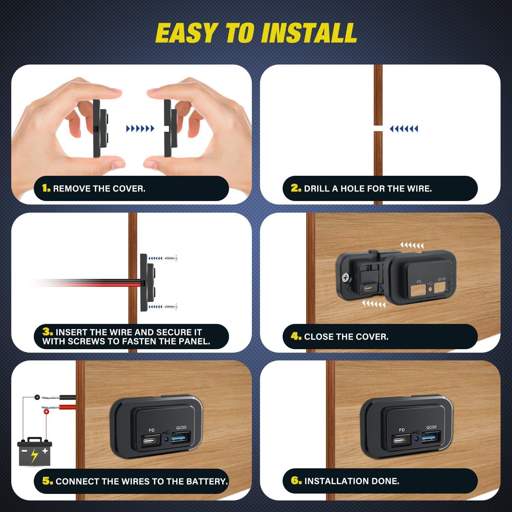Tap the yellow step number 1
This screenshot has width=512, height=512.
pyautogui.click(x=46, y=188)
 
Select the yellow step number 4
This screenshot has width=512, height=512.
pyautogui.click(x=296, y=337)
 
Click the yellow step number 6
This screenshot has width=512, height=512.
pyautogui.click(x=296, y=481)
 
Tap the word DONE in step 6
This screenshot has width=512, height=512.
pyautogui.click(x=385, y=481)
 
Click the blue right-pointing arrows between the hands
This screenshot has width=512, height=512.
pyautogui.click(x=140, y=129)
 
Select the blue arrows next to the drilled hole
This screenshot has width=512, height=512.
pyautogui.click(x=404, y=129)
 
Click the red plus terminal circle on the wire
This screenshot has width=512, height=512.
pyautogui.click(x=46, y=412)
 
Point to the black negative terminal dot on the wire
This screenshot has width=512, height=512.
pyautogui.click(x=36, y=397)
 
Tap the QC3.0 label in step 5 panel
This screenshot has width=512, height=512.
pyautogui.click(x=181, y=427)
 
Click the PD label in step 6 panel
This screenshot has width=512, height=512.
pyautogui.click(x=401, y=430)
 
